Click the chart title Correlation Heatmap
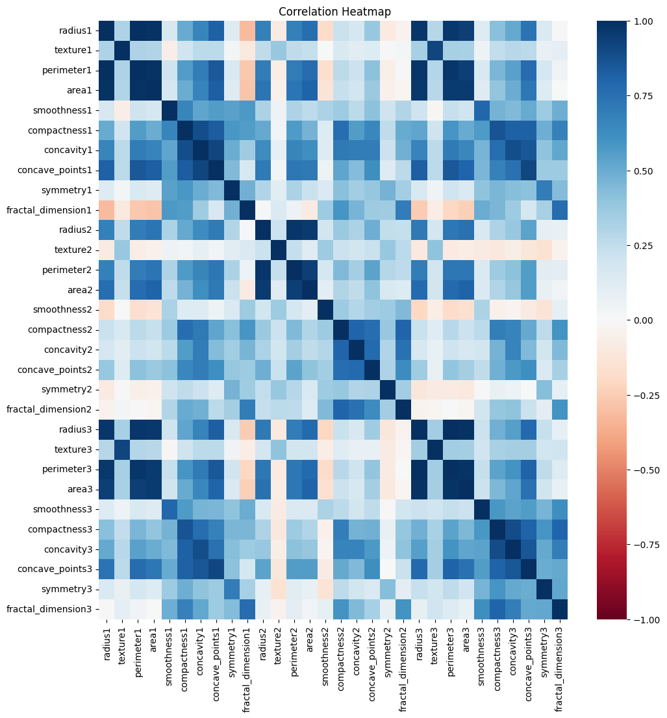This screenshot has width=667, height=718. (334, 12)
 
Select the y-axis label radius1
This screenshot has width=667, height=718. (76, 30)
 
